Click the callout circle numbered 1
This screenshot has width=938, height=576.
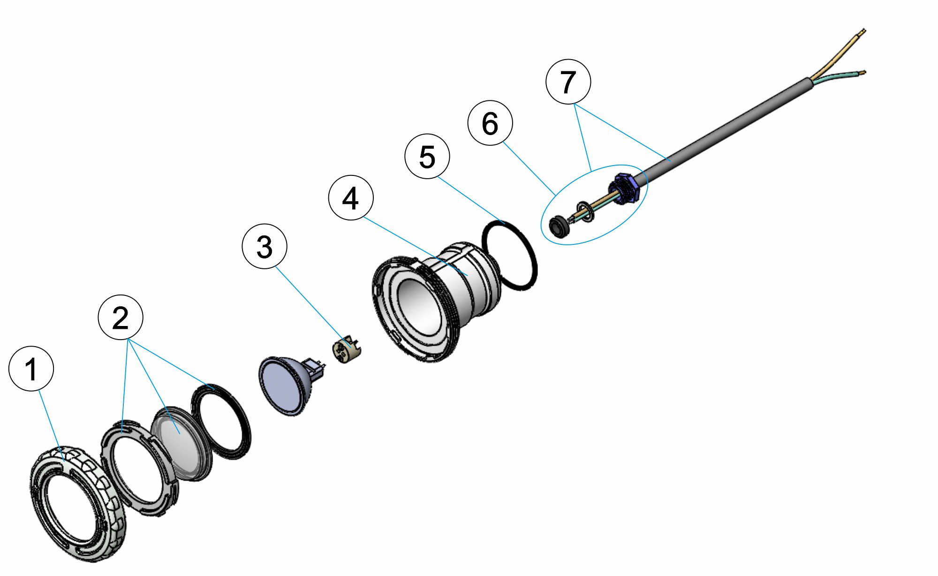click(31, 369)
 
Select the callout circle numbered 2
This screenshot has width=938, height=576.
click(121, 318)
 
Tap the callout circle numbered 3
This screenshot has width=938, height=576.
click(265, 246)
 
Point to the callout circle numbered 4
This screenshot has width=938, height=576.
click(351, 197)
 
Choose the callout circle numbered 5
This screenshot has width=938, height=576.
click(427, 156)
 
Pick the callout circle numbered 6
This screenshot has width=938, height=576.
click(490, 123)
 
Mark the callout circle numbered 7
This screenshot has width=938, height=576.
click(568, 82)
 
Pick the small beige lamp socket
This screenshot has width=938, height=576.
click(345, 350)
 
